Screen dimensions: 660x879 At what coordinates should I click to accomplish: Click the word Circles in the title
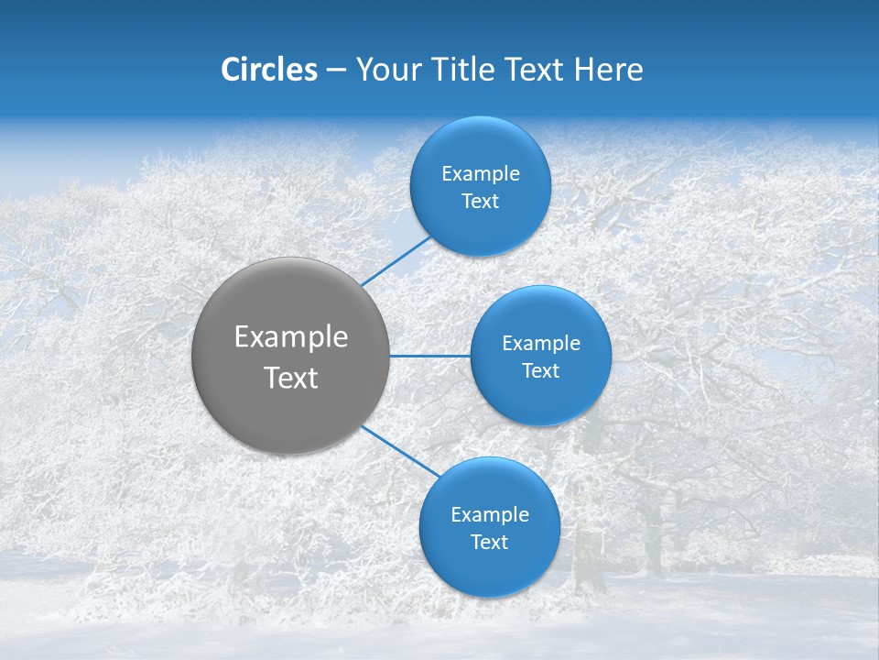click(269, 70)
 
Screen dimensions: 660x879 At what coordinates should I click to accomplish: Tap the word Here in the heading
click(609, 70)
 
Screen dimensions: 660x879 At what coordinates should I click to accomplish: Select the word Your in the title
click(386, 70)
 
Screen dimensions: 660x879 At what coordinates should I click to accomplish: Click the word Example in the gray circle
click(291, 337)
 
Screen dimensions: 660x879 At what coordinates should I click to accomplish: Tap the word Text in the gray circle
click(291, 378)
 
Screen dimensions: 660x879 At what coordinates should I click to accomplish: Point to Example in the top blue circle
click(480, 174)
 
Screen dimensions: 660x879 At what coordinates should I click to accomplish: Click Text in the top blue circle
click(480, 202)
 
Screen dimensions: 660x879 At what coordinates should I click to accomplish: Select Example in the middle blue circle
click(540, 344)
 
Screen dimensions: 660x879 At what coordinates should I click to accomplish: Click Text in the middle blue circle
click(540, 371)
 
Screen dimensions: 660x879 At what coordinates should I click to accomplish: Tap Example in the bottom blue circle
click(489, 515)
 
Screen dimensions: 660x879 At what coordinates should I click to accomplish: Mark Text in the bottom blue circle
click(489, 543)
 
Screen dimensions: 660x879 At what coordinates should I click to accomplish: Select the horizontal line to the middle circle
click(429, 356)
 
